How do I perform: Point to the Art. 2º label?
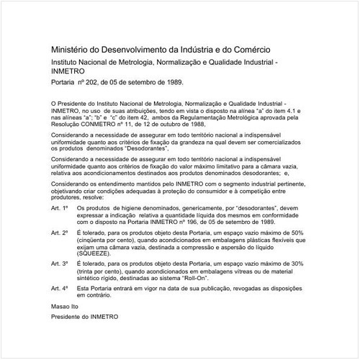[60, 233]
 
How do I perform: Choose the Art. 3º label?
[60, 264]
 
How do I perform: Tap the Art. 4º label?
[60, 289]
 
